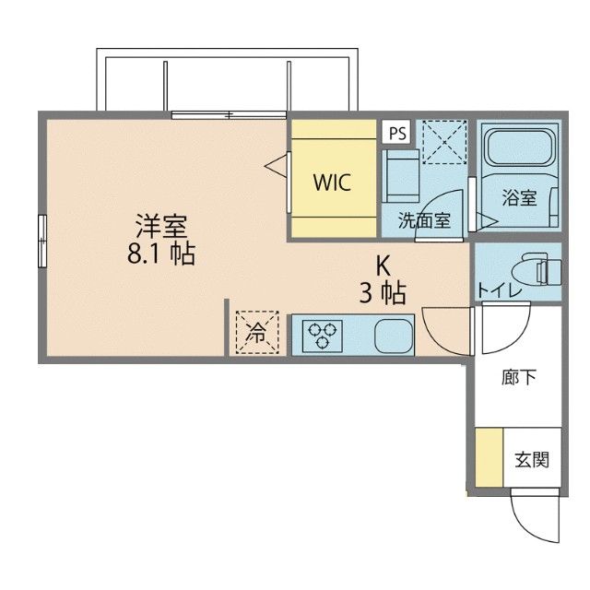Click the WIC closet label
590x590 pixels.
pyautogui.click(x=332, y=183)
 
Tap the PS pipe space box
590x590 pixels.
pyautogui.click(x=397, y=132)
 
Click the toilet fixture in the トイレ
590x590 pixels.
pyautogui.click(x=537, y=268)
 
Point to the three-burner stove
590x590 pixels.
pyautogui.click(x=322, y=335)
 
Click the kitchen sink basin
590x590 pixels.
pyautogui.click(x=394, y=336)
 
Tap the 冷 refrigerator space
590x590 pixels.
pyautogui.click(x=257, y=333)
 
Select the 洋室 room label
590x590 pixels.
pyautogui.click(x=162, y=226)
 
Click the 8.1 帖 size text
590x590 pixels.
pyautogui.click(x=161, y=254)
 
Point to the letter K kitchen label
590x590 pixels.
pyautogui.click(x=383, y=266)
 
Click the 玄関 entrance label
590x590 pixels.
pyautogui.click(x=532, y=460)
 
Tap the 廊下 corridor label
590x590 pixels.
pyautogui.click(x=518, y=378)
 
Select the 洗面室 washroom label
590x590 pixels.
pyautogui.click(x=424, y=219)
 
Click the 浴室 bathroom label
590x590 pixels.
pyautogui.click(x=519, y=197)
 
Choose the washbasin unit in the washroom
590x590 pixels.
pyautogui.click(x=400, y=176)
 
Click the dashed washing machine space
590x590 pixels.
pyautogui.click(x=444, y=142)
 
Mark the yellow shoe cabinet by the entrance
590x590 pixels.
pyautogui.click(x=490, y=457)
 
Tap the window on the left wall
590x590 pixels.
pyautogui.click(x=42, y=241)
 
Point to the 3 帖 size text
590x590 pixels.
pyautogui.click(x=383, y=293)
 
